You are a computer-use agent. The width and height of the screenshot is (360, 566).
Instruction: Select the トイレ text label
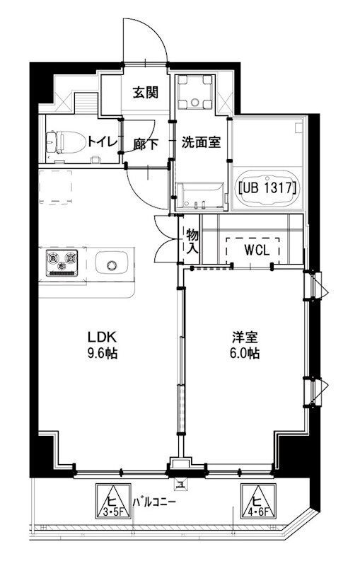click(x=100, y=141)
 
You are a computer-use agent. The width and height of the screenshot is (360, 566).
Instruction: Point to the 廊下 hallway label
click(x=145, y=143)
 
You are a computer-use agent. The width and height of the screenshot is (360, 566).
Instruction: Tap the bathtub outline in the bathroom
click(x=267, y=189)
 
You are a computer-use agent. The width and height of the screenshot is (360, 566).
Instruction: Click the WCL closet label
click(x=252, y=250)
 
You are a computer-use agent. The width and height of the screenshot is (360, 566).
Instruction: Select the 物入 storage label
click(x=191, y=242)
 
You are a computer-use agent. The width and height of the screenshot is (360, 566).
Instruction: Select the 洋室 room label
click(x=243, y=337)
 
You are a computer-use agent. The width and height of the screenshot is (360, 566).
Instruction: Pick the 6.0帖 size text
click(x=243, y=352)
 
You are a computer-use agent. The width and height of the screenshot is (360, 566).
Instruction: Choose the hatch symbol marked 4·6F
click(x=257, y=502)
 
